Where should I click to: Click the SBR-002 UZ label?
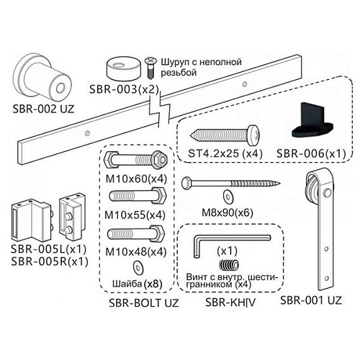(x=43, y=109)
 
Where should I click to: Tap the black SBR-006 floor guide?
(x=312, y=121)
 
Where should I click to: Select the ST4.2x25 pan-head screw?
(x=226, y=135)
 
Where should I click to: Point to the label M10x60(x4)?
(x=136, y=179)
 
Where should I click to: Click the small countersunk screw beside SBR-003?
(x=150, y=68)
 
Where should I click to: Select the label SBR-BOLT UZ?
(x=144, y=303)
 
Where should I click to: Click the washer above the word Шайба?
(x=138, y=268)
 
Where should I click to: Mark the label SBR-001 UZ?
(x=311, y=300)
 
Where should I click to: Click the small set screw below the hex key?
(x=229, y=266)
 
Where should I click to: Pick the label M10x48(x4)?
(x=136, y=252)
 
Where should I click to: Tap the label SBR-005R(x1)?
(x=50, y=261)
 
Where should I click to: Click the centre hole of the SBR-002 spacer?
(x=60, y=88)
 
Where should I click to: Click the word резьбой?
(x=179, y=72)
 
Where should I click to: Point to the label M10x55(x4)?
(x=135, y=215)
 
